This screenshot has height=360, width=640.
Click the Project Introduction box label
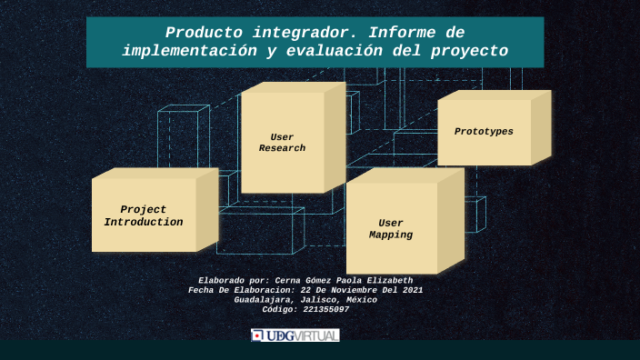[144, 215]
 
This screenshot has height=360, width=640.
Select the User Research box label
[282, 143]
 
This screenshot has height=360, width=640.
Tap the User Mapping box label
[391, 229]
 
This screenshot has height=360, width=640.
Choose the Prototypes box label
[484, 132]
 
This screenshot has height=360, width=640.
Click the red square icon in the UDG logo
[257, 335]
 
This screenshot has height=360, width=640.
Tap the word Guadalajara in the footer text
[264, 299]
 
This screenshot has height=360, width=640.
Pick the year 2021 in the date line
[410, 289]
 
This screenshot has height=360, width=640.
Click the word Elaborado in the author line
[222, 280]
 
